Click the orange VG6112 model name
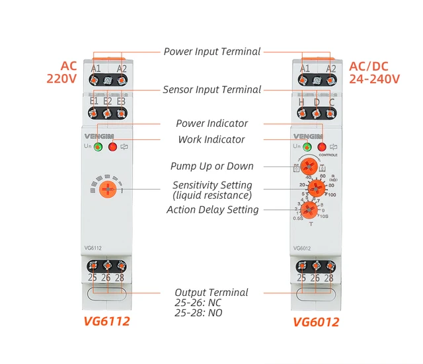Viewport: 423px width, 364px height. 106,322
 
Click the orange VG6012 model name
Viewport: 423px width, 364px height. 316,322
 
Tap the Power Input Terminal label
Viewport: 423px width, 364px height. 212,52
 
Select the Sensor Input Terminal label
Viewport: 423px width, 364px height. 212,89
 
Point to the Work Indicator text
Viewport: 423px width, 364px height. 211,139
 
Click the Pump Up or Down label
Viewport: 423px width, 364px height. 212,166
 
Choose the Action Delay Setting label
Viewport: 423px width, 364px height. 212,209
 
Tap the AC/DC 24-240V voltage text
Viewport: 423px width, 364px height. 374,72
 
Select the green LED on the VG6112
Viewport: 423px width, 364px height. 98,147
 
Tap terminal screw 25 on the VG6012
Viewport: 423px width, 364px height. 301,266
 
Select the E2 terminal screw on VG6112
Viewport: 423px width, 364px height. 107,112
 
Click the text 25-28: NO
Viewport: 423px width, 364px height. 198,312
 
